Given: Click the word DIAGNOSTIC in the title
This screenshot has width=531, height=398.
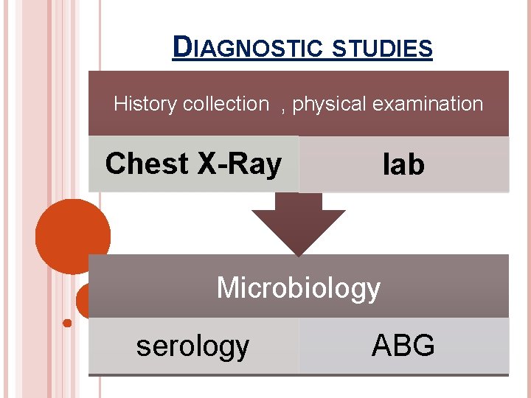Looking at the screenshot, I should click(246, 49).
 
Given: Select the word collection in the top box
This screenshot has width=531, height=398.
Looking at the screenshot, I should click(226, 104).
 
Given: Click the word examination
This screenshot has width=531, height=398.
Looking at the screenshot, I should click(428, 104).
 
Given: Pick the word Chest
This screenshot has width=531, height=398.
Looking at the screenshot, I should click(147, 164).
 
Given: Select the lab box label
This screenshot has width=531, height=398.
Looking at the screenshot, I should click(403, 165).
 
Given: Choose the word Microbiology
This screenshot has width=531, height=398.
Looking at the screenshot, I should click(298, 287).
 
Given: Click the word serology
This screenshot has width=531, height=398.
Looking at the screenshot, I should click(192, 345).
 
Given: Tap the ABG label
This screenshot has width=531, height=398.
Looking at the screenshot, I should click(403, 344).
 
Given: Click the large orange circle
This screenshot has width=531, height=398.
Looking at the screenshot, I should click(72, 235).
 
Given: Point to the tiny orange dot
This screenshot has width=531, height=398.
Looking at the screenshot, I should click(67, 322).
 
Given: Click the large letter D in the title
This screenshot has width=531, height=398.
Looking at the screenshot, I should click(181, 47).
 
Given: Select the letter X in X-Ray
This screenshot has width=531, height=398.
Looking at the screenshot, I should click(205, 164).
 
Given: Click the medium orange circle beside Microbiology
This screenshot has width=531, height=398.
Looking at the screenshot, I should click(83, 301).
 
